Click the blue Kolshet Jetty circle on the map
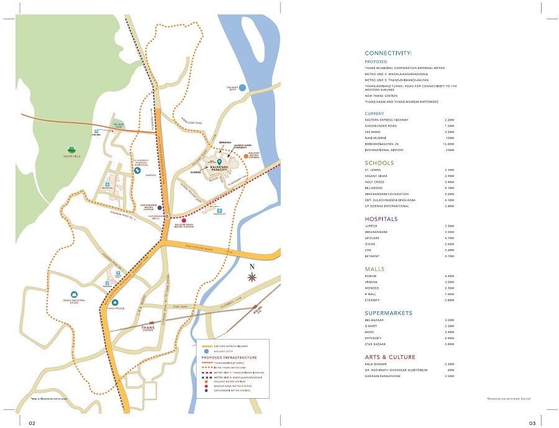(x=243, y=88)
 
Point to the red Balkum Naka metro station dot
(x=184, y=221)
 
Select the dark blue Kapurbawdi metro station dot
(x=160, y=208)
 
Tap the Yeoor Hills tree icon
(x=73, y=148)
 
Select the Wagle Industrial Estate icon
(x=73, y=294)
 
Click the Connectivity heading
(x=388, y=53)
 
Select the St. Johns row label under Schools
(x=373, y=170)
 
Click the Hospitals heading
(x=381, y=219)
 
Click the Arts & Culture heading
(x=390, y=357)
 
